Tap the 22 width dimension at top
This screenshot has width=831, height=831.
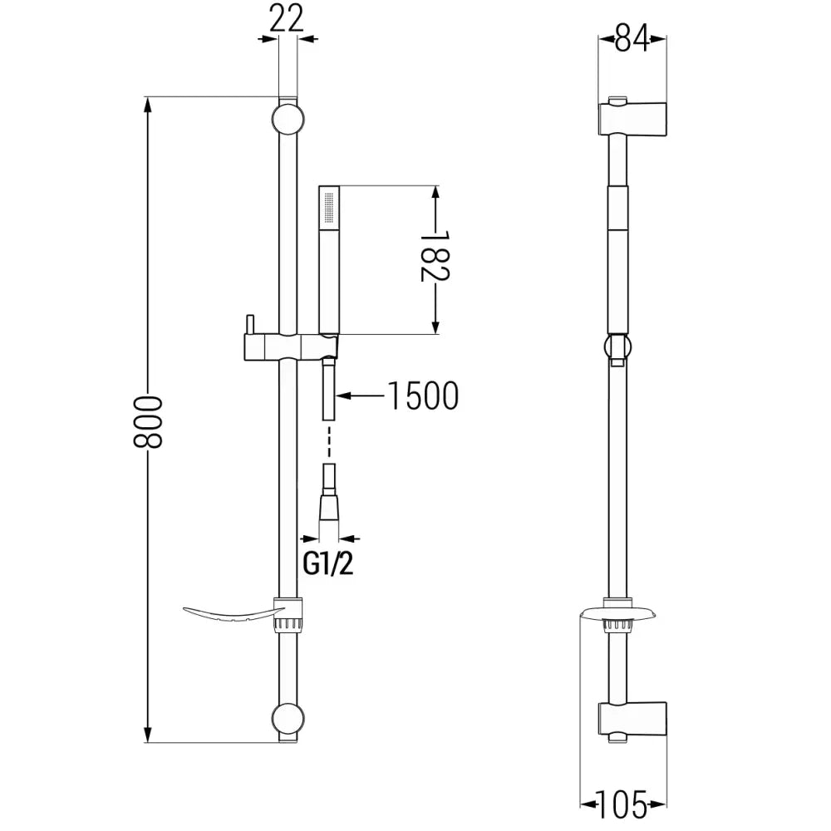coord(287,19)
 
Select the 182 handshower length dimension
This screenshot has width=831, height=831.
coord(434,259)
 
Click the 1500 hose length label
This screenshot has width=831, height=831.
coord(422,396)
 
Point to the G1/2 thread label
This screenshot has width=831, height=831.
coord(327,565)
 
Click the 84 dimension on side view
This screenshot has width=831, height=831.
coord(632,38)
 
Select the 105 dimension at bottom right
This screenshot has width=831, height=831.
coord(622,804)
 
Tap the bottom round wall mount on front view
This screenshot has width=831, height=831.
coord(287,719)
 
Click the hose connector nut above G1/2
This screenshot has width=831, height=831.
coord(329,505)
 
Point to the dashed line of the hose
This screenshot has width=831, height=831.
coord(330,440)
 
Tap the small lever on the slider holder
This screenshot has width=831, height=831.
coord(248,325)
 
